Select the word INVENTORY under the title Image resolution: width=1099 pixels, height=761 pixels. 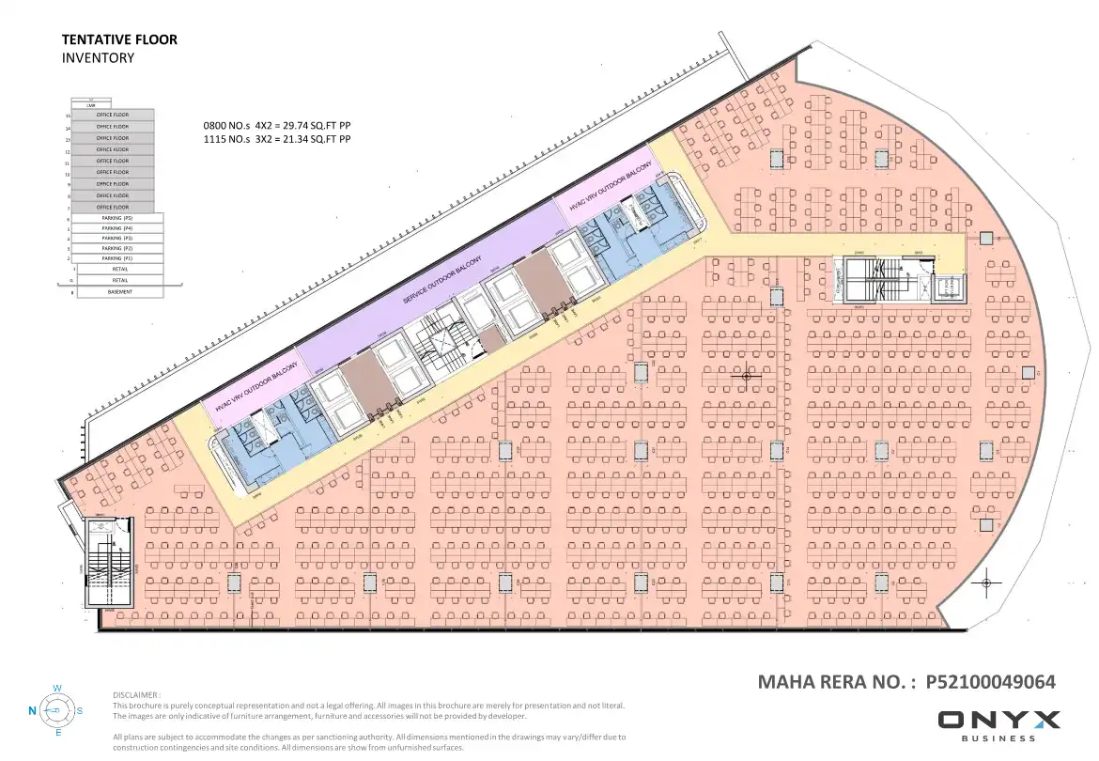pyautogui.click(x=98, y=57)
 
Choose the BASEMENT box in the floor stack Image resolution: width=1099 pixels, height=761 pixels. pyautogui.click(x=119, y=292)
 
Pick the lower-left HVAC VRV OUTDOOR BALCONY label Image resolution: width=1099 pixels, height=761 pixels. pyautogui.click(x=255, y=388)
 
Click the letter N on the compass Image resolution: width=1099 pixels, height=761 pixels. pyautogui.click(x=32, y=711)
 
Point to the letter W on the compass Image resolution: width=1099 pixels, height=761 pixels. pyautogui.click(x=57, y=689)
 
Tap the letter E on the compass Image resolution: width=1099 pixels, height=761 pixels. pyautogui.click(x=58, y=733)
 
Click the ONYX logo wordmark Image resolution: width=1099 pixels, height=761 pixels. pyautogui.click(x=998, y=721)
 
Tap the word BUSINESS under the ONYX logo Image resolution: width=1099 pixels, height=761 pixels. pyautogui.click(x=998, y=738)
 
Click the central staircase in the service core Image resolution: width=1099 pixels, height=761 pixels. pyautogui.click(x=438, y=344)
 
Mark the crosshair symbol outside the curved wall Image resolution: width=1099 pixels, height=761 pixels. pyautogui.click(x=987, y=583)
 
